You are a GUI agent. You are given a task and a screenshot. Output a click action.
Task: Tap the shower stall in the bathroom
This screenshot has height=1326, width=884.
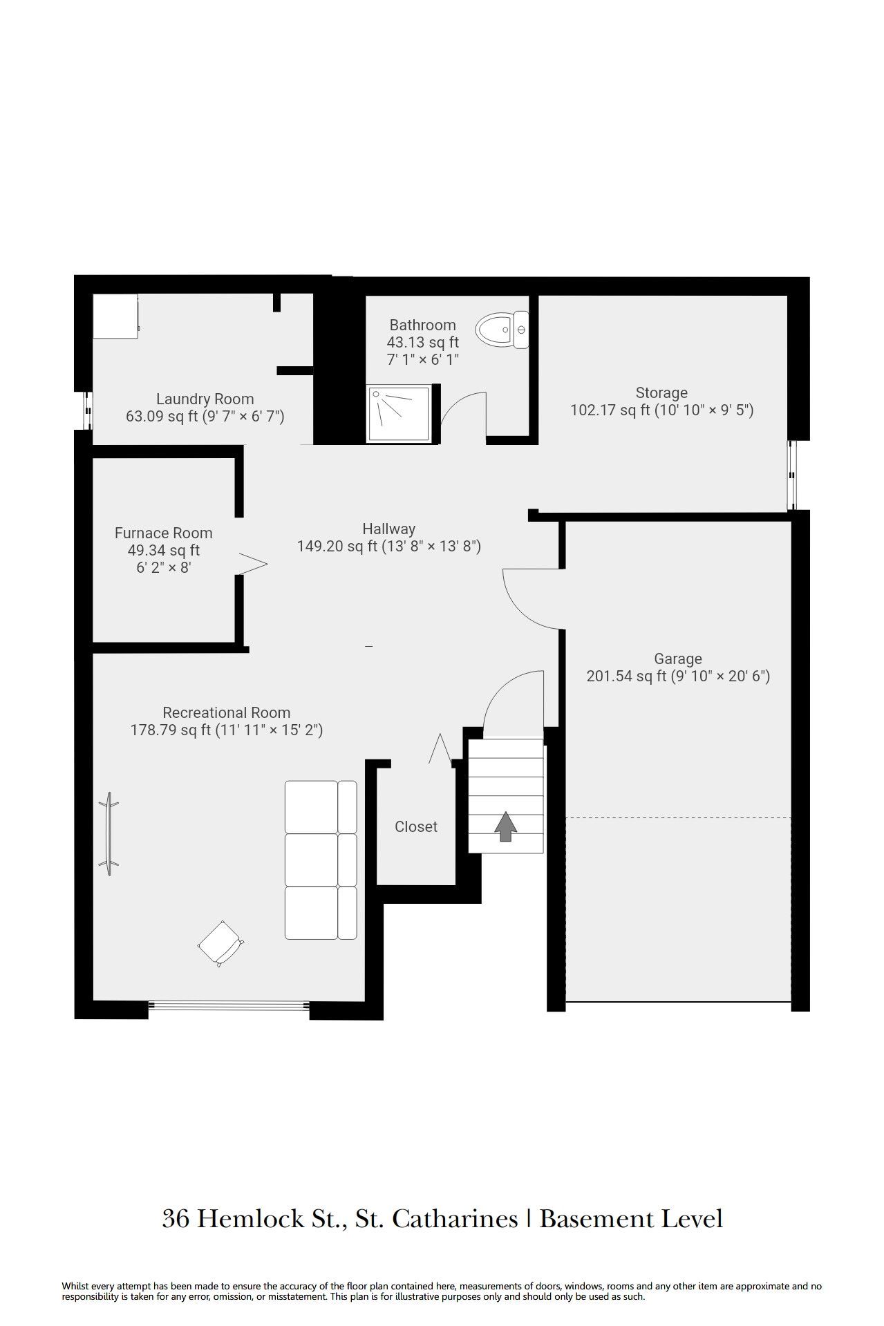coord(402,413)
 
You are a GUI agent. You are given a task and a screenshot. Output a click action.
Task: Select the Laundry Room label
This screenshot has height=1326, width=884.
coord(205,399)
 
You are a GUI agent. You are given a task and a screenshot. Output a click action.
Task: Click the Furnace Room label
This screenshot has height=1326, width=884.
coord(163,533)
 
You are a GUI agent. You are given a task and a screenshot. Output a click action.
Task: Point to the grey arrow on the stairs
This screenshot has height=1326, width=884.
coord(506,826)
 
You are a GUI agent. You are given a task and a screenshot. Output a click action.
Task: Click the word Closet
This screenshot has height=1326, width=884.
coord(416,826)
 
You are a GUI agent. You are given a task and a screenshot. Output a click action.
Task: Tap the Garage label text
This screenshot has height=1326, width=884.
coord(678,659)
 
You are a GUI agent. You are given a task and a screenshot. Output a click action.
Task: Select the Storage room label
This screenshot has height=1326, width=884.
coord(661,393)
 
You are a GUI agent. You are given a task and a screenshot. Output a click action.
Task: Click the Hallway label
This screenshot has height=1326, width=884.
coord(389,529)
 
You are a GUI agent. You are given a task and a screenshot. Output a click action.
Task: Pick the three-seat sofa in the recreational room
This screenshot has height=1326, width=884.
coord(321,860)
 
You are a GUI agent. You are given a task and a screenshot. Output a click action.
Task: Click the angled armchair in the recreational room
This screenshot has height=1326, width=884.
coord(220,943)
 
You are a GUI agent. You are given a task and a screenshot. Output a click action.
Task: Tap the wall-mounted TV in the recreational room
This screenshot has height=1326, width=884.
coord(109,833)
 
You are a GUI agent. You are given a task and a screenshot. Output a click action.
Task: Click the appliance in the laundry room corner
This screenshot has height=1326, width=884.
coord(116,316)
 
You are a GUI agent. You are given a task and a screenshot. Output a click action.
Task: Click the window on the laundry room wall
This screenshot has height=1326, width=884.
coord(88,410)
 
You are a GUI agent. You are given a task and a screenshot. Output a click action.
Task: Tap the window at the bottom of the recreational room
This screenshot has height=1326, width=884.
coord(229,1005)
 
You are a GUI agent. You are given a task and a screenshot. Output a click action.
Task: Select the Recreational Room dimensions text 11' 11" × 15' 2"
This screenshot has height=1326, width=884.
coord(269,730)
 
